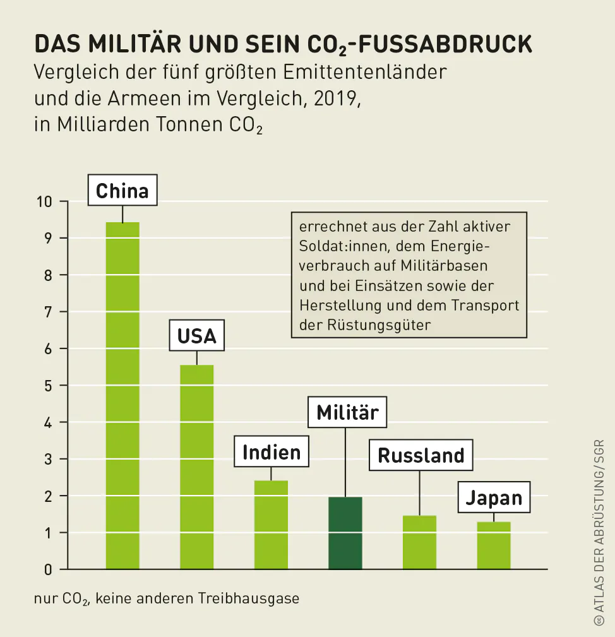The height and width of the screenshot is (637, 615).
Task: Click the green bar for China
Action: [122, 395]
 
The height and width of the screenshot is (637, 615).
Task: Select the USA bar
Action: [196, 467]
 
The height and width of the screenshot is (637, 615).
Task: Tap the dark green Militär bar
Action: [345, 533]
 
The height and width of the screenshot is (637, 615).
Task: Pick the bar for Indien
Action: [271, 525]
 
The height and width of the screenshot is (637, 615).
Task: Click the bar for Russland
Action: [419, 542]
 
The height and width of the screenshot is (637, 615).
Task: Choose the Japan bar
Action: [494, 545]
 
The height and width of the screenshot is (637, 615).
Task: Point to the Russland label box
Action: [421, 455]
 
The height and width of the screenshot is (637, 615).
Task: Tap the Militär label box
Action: [347, 412]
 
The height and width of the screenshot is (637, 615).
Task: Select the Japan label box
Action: [494, 497]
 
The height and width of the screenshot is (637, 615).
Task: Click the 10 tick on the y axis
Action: [44, 202]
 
